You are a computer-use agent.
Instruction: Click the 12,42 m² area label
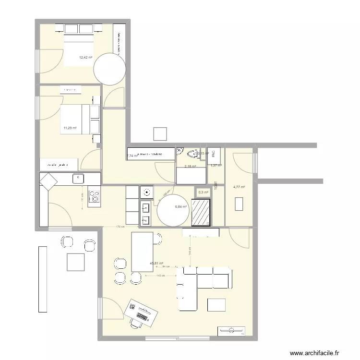click(x=86, y=58)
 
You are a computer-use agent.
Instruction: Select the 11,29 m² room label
click(x=70, y=128)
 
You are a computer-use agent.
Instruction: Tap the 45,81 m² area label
click(x=157, y=264)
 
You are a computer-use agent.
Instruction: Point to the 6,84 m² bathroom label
click(x=181, y=207)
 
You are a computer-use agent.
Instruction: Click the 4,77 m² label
click(x=239, y=188)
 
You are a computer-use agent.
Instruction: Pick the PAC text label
click(x=214, y=154)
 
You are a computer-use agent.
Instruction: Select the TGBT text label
click(x=216, y=185)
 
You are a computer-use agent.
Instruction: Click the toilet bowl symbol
click(x=193, y=154)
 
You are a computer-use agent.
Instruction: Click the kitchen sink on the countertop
click(x=79, y=179)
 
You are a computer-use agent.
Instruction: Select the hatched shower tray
click(x=201, y=212)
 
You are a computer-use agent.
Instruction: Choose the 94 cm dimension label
click(x=166, y=266)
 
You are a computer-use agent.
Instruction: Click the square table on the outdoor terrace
click(x=75, y=262)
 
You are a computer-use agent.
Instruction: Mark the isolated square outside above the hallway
click(x=159, y=134)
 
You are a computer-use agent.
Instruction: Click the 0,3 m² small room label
click(x=204, y=192)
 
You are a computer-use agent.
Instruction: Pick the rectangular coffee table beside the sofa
click(x=216, y=305)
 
